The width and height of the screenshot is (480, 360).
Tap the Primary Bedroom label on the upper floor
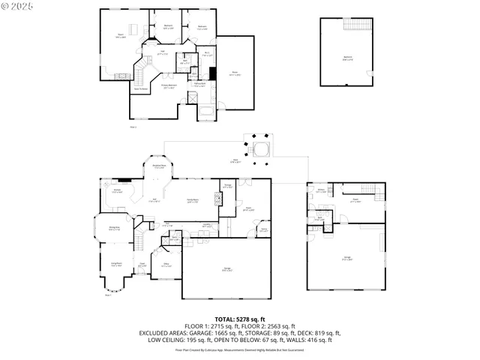click(x=174, y=86)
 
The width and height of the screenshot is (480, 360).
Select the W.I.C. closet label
click(x=208, y=54)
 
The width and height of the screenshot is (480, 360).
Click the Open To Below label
click(x=141, y=89)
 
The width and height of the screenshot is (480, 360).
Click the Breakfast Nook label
click(x=159, y=167)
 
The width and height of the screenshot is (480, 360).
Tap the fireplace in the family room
click(x=219, y=198)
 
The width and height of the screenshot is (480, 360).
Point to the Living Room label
click(x=117, y=265)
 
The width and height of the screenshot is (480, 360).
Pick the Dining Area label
click(x=114, y=229)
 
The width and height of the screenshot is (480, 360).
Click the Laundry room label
click(x=205, y=225)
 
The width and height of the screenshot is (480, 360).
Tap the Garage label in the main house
click(x=226, y=269)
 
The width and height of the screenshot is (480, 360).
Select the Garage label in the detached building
click(x=347, y=257)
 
